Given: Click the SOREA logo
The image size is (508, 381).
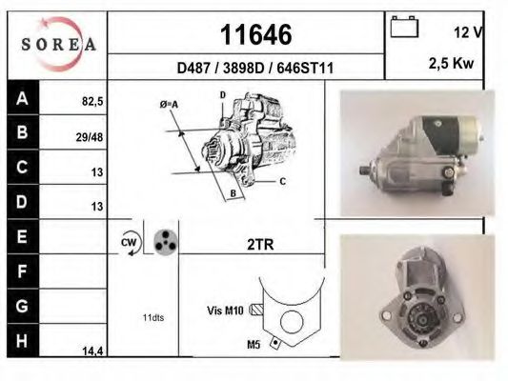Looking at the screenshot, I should (56, 44).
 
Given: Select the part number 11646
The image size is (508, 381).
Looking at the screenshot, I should (255, 34).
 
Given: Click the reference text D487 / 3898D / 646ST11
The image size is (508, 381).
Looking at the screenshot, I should (255, 68).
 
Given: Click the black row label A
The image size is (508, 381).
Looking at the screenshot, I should (22, 97).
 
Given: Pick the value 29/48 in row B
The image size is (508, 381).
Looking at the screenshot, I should (90, 137).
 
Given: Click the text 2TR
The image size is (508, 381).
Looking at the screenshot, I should (260, 245).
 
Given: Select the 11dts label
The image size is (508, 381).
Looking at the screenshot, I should (152, 317).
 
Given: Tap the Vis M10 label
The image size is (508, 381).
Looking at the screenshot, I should (226, 310).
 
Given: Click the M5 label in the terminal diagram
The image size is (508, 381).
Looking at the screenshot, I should (254, 345).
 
